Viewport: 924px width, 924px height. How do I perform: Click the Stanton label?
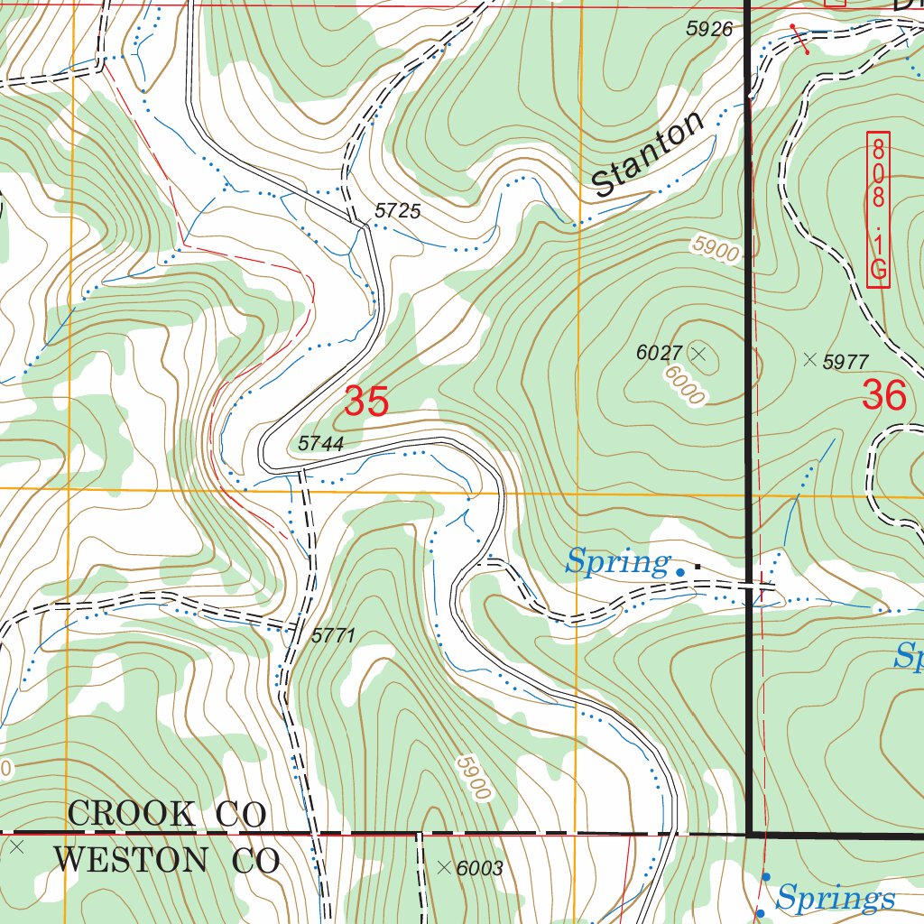pos(649,155)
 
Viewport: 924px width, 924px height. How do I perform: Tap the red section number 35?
pos(366,402)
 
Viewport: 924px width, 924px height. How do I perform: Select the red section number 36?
pos(883,394)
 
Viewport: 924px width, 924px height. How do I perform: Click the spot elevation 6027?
pos(659,353)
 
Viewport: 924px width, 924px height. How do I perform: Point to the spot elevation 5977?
pos(845,362)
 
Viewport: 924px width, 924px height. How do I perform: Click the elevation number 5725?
pos(398,211)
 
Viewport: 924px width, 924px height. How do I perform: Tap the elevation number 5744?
pos(321,443)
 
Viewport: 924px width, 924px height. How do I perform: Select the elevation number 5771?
pos(334,635)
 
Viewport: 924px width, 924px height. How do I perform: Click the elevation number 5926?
pos(709,29)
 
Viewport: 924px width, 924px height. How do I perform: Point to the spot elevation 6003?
pos(479,868)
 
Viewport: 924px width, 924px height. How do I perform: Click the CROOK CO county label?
pos(167,814)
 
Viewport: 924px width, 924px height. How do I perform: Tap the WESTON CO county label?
pos(166,860)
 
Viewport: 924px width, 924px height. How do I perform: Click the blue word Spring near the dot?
pos(617,563)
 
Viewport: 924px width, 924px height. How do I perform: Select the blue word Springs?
pos(836,899)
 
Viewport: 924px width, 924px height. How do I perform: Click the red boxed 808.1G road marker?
pos(878,209)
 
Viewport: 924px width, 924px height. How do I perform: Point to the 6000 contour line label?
pos(685,385)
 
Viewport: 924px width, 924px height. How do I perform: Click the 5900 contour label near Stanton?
pos(716,249)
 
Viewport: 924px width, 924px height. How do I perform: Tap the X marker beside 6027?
pos(698,352)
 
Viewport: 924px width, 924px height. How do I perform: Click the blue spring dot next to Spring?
pos(680,571)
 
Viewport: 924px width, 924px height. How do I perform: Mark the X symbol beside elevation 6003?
pos(443,868)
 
